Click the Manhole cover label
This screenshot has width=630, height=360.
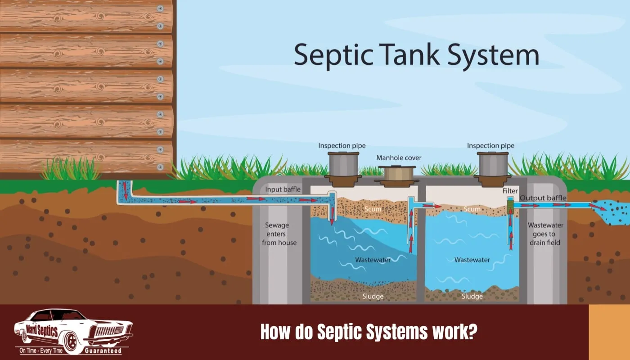pyautogui.click(x=399, y=158)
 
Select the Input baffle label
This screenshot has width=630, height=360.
pyautogui.click(x=283, y=189)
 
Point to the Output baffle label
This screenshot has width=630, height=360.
pyautogui.click(x=543, y=198)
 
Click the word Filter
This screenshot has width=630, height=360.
pyautogui.click(x=510, y=191)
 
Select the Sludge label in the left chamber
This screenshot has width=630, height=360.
pyautogui.click(x=373, y=297)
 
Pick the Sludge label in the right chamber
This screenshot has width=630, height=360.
pyautogui.click(x=472, y=297)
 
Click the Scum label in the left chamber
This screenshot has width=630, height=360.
pyautogui.click(x=373, y=209)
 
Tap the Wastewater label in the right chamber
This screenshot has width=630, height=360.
pyautogui.click(x=472, y=260)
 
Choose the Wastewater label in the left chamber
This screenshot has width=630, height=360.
pyautogui.click(x=373, y=260)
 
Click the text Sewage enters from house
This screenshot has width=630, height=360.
pyautogui.click(x=279, y=234)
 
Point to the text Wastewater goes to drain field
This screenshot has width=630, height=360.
pyautogui.click(x=545, y=234)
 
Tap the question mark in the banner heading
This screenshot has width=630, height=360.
pyautogui.click(x=473, y=332)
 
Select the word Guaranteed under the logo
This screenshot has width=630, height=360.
pyautogui.click(x=103, y=351)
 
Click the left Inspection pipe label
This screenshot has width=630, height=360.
pyautogui.click(x=342, y=146)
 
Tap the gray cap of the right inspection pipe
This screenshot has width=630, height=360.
pyautogui.click(x=493, y=164)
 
